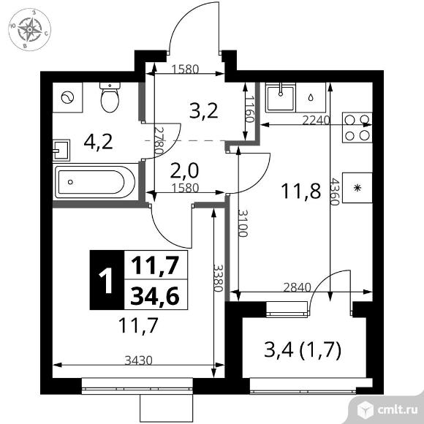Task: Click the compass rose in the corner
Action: point(29,29)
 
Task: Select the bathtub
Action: point(95,182)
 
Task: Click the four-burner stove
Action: point(357,127)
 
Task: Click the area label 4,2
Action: point(98,143)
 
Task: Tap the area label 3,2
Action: point(204,111)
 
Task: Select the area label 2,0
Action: point(185,170)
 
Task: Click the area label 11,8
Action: point(301,191)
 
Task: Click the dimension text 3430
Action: point(139,360)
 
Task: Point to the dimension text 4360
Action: point(335,192)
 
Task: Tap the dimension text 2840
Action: point(298,287)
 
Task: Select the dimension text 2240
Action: point(316,121)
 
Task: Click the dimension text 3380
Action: point(218,278)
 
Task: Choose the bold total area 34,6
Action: point(155,295)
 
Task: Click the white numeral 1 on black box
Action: point(106,279)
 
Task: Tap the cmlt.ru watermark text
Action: point(398,410)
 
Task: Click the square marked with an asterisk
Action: point(357,188)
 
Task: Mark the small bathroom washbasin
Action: point(61,151)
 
